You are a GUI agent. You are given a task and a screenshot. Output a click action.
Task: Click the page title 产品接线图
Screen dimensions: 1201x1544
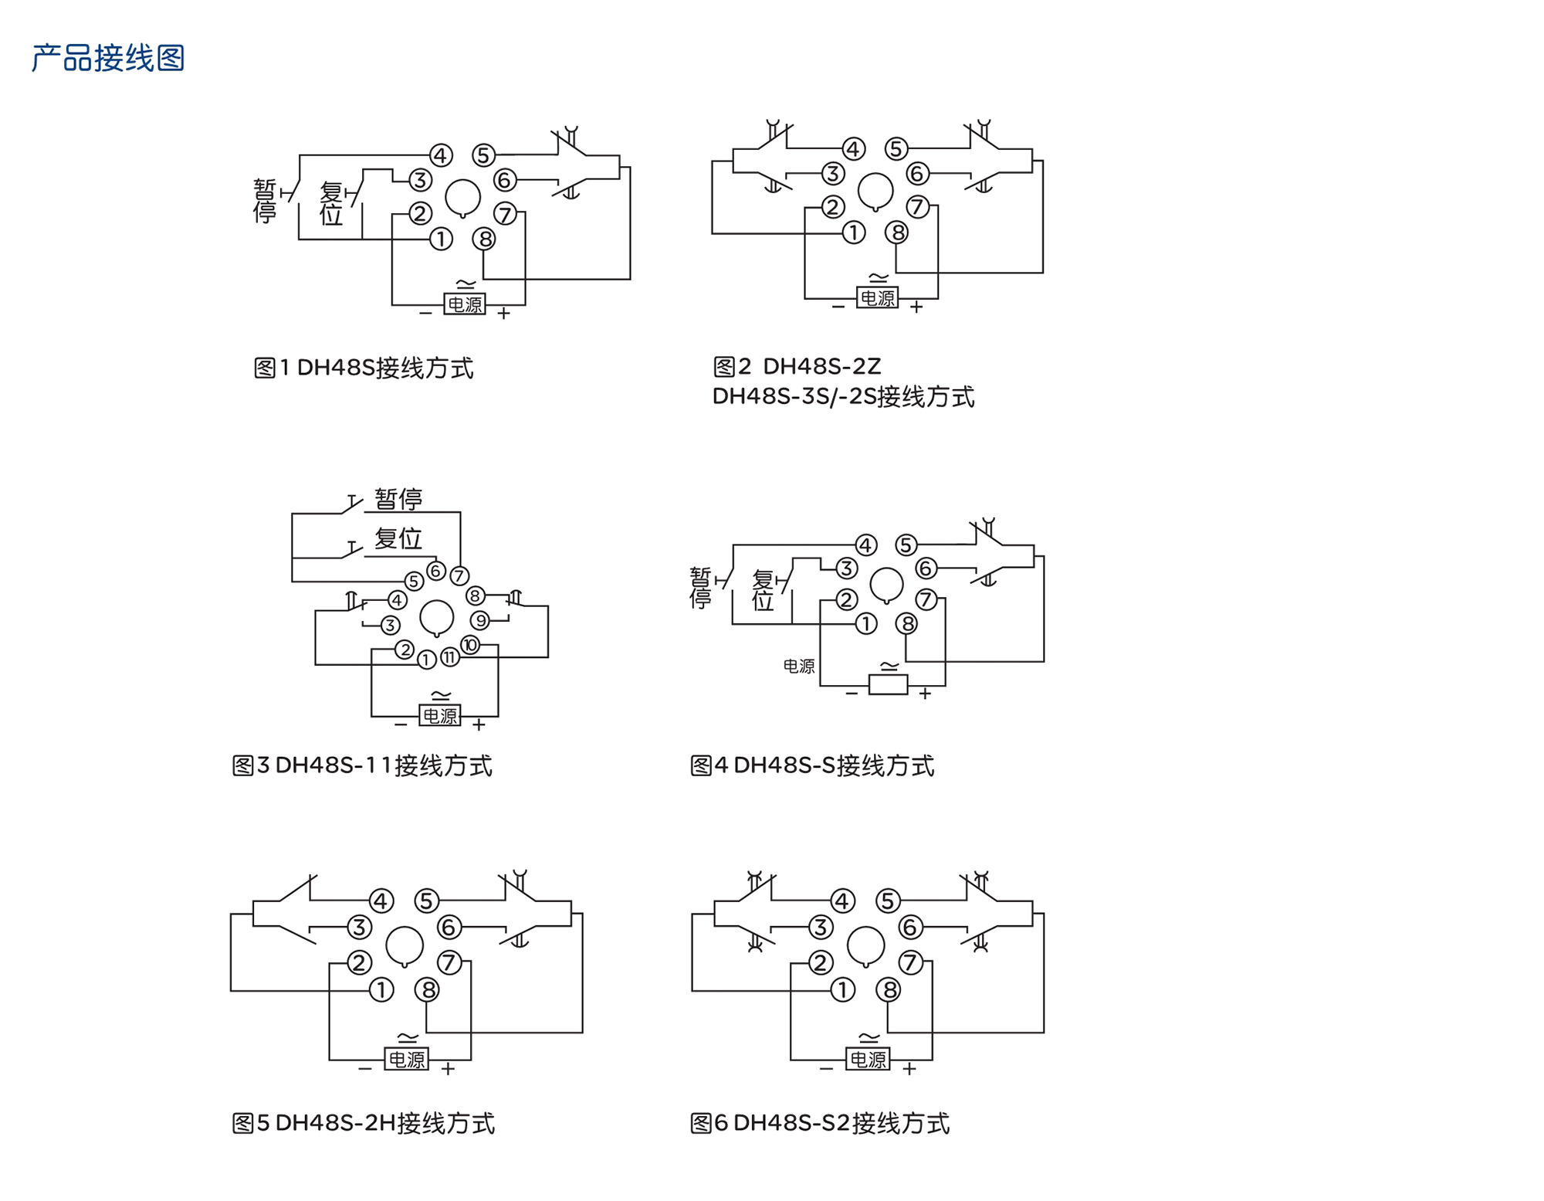[x=108, y=59]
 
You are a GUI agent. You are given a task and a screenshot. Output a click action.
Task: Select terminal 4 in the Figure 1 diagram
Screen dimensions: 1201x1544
[x=441, y=155]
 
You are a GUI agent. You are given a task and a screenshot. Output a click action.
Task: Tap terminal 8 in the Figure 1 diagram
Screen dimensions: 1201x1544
[x=484, y=239]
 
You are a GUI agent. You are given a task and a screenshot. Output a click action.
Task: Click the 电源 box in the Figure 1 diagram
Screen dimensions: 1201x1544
[x=465, y=304]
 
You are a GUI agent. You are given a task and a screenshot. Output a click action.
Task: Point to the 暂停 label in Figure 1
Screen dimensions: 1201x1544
[x=265, y=201]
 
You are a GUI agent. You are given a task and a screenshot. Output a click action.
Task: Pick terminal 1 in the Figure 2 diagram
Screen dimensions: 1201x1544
[x=853, y=232]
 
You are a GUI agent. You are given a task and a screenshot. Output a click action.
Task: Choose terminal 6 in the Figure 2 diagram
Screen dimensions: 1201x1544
[x=917, y=173]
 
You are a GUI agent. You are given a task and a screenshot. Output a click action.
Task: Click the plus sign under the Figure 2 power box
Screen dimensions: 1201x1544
[x=916, y=307]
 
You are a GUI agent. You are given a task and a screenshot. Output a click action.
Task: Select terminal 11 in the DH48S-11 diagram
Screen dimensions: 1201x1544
[x=449, y=658]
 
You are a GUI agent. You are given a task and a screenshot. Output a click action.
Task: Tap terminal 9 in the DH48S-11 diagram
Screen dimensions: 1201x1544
[x=480, y=620]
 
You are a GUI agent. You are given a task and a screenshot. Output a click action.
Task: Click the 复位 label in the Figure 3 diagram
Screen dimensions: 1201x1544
[x=398, y=538]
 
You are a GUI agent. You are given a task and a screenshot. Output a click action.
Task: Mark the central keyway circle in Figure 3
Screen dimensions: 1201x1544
[x=436, y=617]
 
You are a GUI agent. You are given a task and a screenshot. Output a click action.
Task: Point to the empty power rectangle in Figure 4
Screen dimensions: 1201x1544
[x=888, y=685]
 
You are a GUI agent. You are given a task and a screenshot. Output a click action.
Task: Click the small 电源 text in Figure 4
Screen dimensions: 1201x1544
[x=798, y=666]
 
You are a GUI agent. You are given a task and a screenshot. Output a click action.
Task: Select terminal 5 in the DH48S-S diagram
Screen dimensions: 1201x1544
[x=906, y=545]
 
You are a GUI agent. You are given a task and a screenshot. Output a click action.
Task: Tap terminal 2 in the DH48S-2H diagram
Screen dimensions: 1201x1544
[x=359, y=962]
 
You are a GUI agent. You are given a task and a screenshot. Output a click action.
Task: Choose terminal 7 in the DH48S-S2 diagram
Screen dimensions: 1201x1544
[x=911, y=962]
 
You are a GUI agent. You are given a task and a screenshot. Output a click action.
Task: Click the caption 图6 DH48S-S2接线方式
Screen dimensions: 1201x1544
[x=819, y=1123]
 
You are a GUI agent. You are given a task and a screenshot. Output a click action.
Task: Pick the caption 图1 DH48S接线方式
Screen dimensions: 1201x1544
[x=364, y=368]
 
